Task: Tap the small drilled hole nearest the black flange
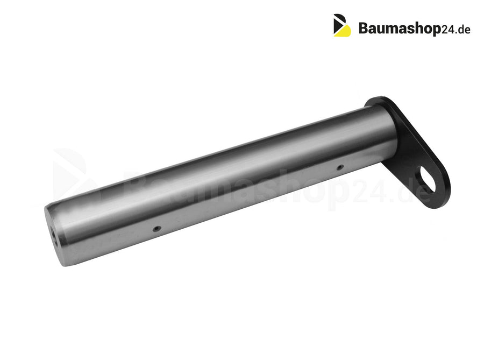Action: pyautogui.click(x=340, y=167)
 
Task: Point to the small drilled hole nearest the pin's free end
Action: pyautogui.click(x=158, y=229)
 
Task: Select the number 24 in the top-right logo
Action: pyautogui.click(x=447, y=30)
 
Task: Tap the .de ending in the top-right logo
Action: pyautogui.click(x=462, y=29)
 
